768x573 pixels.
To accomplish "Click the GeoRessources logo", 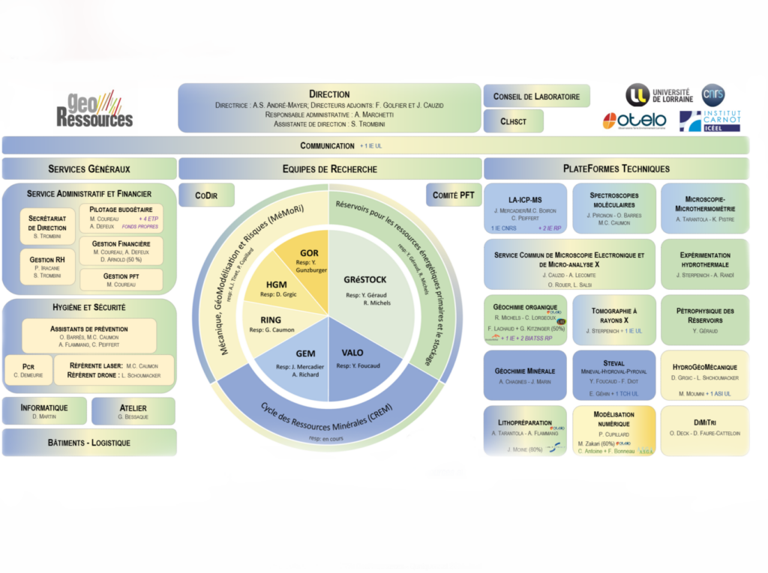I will (x=94, y=109).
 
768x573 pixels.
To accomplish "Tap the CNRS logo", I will (x=712, y=94).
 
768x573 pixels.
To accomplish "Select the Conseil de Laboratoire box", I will (x=536, y=96).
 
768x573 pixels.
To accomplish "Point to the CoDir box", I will (x=207, y=195).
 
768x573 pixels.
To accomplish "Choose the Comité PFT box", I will (x=453, y=195).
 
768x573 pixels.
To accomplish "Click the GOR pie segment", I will (x=309, y=259).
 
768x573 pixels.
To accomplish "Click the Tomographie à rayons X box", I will (x=613, y=319).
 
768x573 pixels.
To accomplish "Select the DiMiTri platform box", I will (x=704, y=429).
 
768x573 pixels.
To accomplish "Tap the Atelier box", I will (x=133, y=411).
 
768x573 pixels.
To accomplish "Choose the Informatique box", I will (x=44, y=411).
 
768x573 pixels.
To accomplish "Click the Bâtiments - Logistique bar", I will (x=89, y=442).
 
